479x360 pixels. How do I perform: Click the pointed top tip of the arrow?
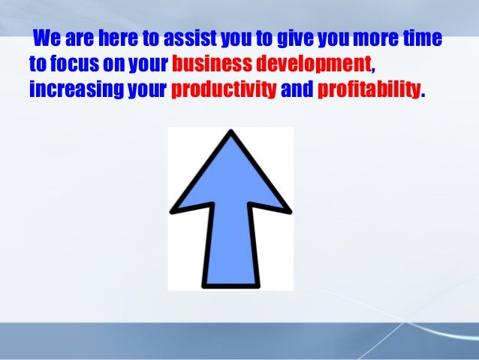tap(230, 134)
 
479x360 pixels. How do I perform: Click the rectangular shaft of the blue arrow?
tap(230, 248)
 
